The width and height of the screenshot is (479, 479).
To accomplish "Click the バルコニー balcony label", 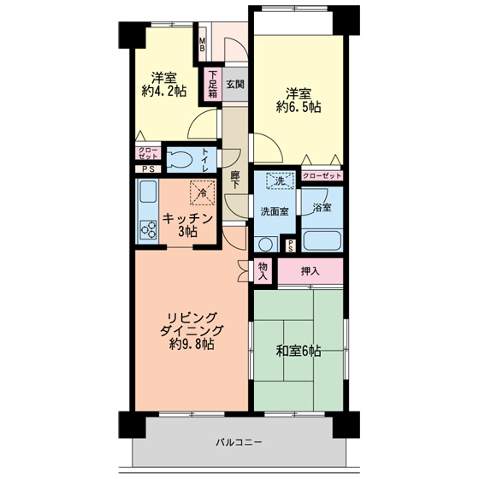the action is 239,442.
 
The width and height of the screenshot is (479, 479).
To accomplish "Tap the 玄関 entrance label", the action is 235,85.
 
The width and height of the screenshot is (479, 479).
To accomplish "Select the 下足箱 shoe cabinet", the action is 213,84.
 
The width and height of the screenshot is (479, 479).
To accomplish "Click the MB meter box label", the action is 202,44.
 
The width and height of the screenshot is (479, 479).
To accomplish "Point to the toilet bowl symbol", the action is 180,160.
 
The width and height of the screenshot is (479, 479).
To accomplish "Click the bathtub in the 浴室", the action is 322,240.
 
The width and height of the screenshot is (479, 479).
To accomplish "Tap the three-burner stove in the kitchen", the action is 149,230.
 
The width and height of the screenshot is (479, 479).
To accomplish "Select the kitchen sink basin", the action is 148,192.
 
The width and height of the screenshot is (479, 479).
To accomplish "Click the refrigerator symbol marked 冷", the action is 203,192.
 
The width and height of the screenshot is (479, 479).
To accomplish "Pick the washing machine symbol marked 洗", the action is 281,181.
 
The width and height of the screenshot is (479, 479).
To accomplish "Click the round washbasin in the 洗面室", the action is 265,245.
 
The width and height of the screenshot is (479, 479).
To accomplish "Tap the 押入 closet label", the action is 310,271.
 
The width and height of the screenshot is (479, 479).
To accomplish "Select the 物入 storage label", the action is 263,271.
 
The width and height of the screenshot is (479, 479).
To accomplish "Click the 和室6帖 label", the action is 299,351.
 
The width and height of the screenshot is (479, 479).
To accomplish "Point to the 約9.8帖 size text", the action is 192,345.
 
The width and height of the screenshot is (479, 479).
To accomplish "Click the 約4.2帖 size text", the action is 164,91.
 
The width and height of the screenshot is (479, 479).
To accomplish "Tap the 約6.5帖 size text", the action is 299,107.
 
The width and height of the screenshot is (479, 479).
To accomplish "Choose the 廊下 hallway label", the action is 234,180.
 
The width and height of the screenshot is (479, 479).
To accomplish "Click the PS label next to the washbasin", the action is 291,246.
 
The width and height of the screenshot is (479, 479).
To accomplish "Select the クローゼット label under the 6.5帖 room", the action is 322,175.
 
